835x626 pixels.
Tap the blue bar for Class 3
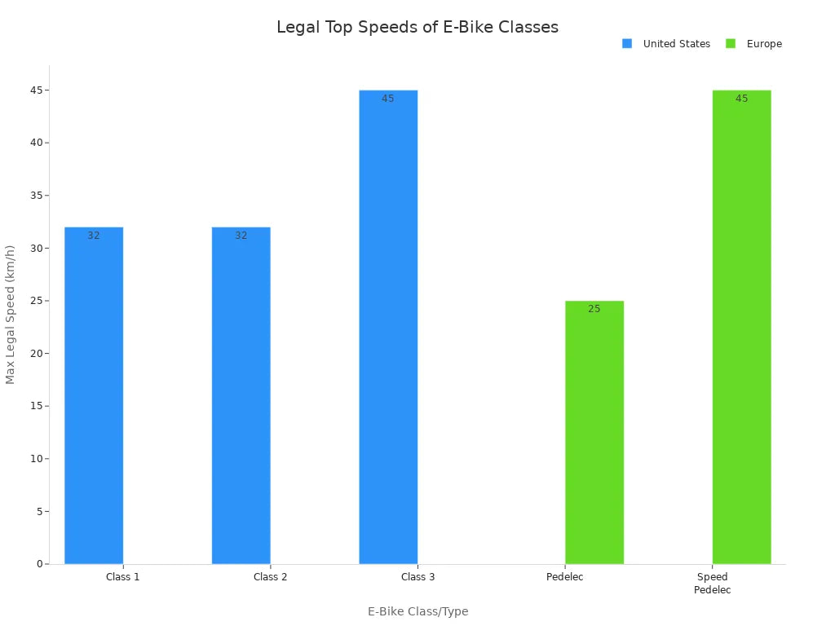pyautogui.click(x=388, y=326)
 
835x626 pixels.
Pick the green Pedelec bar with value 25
pyautogui.click(x=594, y=432)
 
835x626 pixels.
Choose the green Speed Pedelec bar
pyautogui.click(x=741, y=326)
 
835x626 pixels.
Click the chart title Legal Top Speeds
pyautogui.click(x=417, y=27)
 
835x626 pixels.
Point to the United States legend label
pyautogui.click(x=676, y=44)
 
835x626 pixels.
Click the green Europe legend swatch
pyautogui.click(x=731, y=44)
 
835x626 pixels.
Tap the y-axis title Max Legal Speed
pyautogui.click(x=11, y=315)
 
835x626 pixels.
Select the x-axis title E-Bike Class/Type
pyautogui.click(x=417, y=611)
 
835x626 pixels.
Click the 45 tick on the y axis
pyautogui.click(x=36, y=90)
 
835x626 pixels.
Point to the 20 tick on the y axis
pyautogui.click(x=36, y=354)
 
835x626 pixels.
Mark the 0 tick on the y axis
pyautogui.click(x=39, y=564)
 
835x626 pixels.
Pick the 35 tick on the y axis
pyautogui.click(x=36, y=196)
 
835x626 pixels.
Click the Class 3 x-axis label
pyautogui.click(x=417, y=577)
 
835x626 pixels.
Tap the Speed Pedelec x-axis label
pyautogui.click(x=712, y=584)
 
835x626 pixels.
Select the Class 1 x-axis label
pyautogui.click(x=122, y=577)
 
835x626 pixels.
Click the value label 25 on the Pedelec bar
pyautogui.click(x=594, y=309)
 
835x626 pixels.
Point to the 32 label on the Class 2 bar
pyautogui.click(x=241, y=236)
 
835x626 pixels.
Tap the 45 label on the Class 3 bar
pyautogui.click(x=388, y=99)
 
